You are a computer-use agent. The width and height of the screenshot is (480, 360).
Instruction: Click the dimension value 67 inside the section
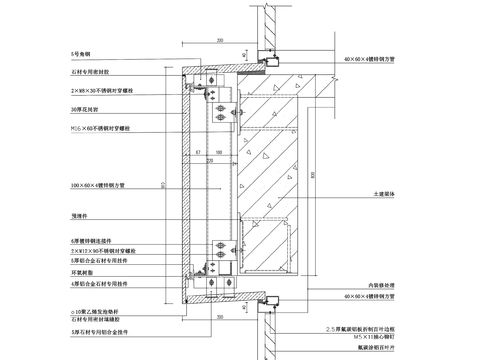[x=200, y=152]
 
